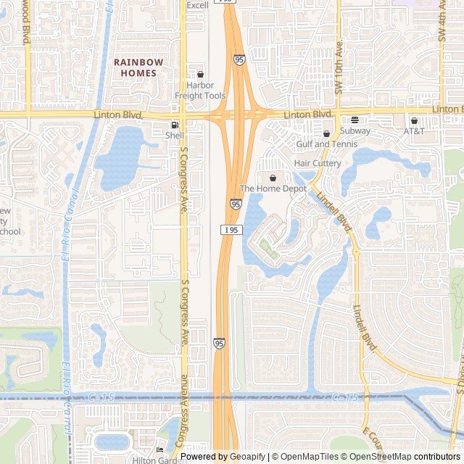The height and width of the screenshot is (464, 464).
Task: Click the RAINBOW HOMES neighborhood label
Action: (138, 67)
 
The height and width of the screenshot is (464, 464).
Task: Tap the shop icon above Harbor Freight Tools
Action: (200, 74)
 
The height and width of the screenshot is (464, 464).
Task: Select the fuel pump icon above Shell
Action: (175, 125)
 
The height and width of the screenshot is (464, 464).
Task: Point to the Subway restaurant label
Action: (355, 131)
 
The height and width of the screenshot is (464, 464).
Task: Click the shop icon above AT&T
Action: (414, 121)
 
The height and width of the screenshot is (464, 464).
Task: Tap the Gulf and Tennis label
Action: (327, 144)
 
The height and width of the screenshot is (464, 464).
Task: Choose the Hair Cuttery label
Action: (318, 163)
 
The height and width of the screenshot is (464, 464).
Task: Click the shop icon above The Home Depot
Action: (273, 178)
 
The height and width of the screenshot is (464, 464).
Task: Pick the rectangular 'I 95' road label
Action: (231, 230)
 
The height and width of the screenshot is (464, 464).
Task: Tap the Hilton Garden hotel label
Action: (156, 460)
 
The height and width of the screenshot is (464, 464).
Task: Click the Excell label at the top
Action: (197, 5)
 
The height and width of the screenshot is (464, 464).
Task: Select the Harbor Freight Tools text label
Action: (200, 91)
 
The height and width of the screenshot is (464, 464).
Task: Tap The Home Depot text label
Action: (273, 188)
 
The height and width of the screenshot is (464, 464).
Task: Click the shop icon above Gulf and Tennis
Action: (326, 133)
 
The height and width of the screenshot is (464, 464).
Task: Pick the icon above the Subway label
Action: (355, 120)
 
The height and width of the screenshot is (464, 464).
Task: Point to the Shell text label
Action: (175, 136)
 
